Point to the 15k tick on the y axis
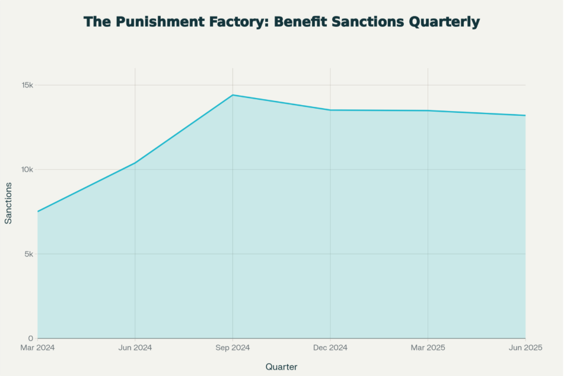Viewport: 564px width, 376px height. (x=27, y=85)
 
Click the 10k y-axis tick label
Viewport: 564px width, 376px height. (x=27, y=170)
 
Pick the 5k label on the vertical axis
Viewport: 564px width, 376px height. (x=29, y=254)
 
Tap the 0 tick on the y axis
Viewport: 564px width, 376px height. (x=31, y=339)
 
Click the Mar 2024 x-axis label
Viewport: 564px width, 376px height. (x=37, y=347)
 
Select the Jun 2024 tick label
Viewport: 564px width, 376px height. (x=135, y=347)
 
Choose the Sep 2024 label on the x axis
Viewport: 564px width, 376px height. (x=232, y=347)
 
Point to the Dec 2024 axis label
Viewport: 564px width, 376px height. (x=330, y=347)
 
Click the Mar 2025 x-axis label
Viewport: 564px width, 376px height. (x=428, y=347)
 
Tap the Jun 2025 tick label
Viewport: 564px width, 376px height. (x=525, y=347)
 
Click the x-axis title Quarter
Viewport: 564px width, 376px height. (x=281, y=366)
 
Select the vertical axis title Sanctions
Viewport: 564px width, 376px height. (x=8, y=203)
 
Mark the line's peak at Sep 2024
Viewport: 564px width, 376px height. (x=232, y=95)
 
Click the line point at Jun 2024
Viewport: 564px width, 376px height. (x=135, y=163)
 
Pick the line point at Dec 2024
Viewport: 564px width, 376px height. (x=330, y=110)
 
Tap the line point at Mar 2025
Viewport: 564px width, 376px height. (x=428, y=110)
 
